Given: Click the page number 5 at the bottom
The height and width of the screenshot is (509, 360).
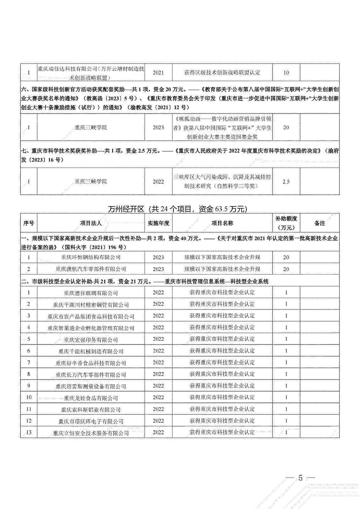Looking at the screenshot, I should (300, 479).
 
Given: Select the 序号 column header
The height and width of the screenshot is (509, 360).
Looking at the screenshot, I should (29, 223).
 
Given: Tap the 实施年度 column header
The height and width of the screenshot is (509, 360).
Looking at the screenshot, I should (158, 223).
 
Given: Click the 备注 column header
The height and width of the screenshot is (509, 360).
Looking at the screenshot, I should (320, 223).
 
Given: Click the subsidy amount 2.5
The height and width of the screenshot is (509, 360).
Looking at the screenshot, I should (286, 182).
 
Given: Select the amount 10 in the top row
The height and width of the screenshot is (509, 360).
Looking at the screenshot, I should (286, 73).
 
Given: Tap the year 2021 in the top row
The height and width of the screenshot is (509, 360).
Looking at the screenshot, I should (158, 73).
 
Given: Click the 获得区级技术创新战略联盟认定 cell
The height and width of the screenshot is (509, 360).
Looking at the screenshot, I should (222, 73).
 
